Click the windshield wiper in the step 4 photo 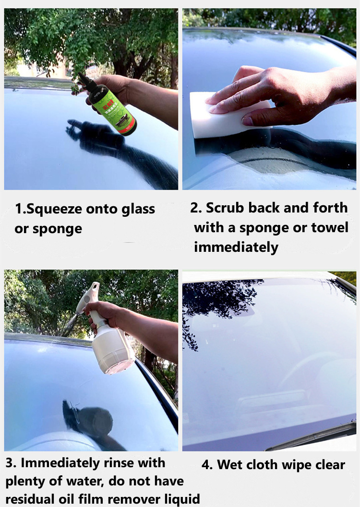tap(311, 435)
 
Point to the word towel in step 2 tap(330, 227)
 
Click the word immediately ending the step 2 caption tap(236, 248)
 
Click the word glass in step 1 tap(138, 210)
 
